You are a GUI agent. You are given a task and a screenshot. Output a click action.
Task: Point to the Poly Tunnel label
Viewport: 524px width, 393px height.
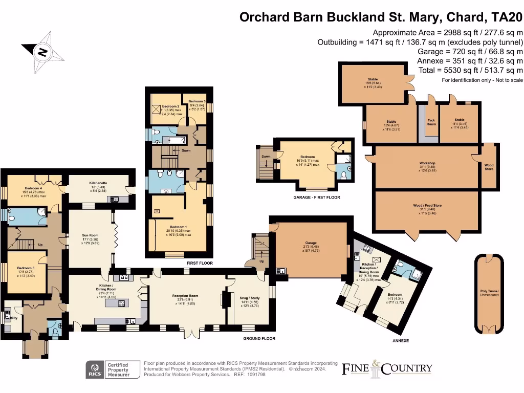click(x=489, y=293)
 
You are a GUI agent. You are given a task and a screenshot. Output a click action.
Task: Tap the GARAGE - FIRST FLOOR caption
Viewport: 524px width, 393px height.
click(x=317, y=197)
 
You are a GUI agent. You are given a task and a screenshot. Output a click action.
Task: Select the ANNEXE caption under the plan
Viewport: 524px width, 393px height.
click(x=400, y=340)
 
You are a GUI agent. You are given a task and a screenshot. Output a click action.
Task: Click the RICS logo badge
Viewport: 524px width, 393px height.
click(x=94, y=369)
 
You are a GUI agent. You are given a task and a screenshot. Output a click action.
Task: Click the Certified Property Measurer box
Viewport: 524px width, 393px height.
click(x=117, y=369)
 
